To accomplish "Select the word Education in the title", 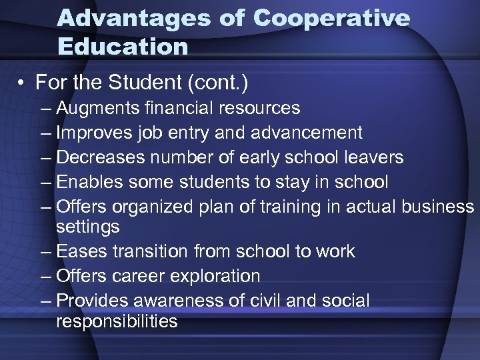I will click(x=123, y=47).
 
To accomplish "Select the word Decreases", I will click(x=101, y=157).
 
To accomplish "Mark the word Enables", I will click(x=90, y=181).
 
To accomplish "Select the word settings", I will click(x=88, y=227).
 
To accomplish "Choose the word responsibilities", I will click(x=117, y=321).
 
